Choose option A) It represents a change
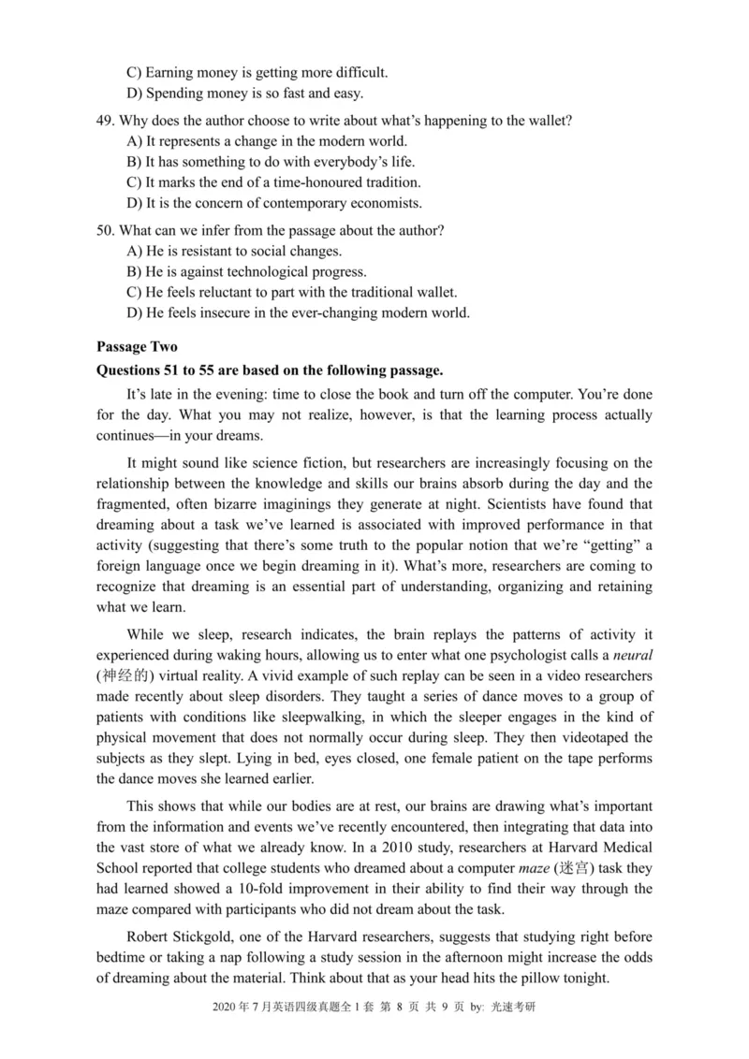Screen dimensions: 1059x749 [266, 142]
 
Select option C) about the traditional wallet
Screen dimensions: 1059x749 [290, 292]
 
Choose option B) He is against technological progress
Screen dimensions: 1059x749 [245, 271]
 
